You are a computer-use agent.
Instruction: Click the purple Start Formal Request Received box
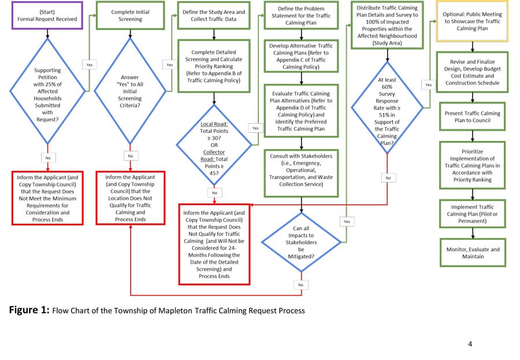[47, 16]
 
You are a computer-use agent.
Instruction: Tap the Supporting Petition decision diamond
[47, 93]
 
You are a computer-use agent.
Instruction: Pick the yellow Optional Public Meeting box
[472, 21]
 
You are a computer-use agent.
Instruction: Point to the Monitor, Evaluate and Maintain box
[473, 253]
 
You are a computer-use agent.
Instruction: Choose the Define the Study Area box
[214, 16]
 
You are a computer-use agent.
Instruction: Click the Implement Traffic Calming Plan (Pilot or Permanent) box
[473, 214]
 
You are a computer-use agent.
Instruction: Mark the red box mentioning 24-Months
[214, 243]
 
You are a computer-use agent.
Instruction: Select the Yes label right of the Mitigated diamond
[346, 221]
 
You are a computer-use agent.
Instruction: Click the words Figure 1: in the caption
[29, 310]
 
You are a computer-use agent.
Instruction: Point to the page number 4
[470, 344]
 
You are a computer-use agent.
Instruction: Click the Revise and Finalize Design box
[473, 72]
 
